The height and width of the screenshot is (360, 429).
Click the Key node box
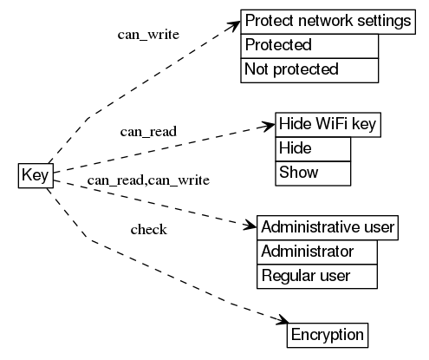35,175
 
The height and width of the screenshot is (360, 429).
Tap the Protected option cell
309,45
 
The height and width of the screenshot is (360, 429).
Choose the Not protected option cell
309,69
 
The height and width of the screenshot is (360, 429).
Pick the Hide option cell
313,148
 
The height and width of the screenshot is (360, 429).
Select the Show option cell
313,173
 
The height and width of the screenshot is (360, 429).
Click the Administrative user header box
328,228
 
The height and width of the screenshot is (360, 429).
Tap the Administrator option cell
318,252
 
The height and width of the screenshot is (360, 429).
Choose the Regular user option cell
318,277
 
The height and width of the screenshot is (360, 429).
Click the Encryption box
328,335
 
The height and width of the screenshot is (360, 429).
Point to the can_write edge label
148,36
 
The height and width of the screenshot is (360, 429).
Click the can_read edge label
148,132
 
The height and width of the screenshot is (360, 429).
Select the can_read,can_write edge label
148,180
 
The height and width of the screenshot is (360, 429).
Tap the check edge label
148,230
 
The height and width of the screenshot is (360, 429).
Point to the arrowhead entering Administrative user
250,226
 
